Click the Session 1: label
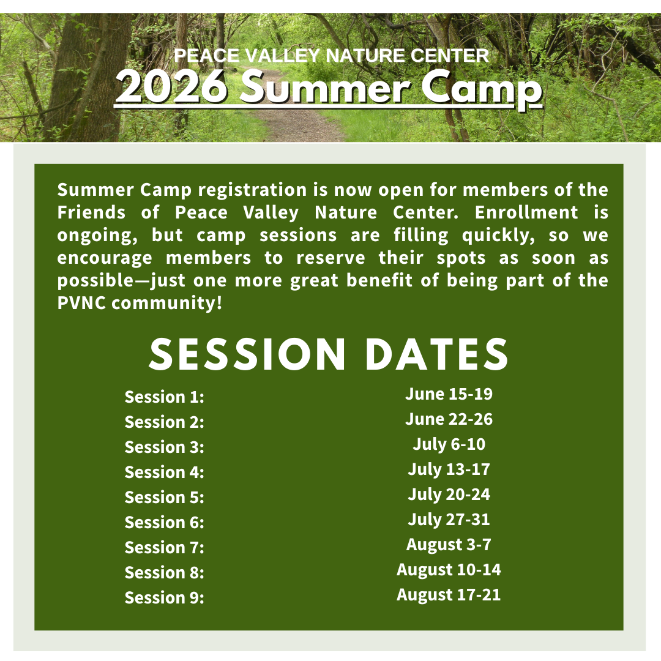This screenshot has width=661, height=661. click(164, 397)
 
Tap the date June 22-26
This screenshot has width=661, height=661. click(449, 419)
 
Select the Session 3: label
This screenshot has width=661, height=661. click(164, 447)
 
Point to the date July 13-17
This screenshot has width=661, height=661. click(449, 469)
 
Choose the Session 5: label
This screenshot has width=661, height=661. click(164, 498)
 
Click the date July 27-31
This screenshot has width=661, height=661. click(449, 520)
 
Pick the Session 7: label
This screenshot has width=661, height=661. click(164, 548)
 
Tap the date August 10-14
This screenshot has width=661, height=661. click(449, 570)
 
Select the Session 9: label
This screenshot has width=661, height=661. click(164, 598)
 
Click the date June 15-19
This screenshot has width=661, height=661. click(449, 394)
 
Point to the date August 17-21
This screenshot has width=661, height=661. click(449, 594)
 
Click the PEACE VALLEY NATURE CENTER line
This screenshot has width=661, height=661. click(331, 56)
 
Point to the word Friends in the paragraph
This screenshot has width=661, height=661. click(91, 212)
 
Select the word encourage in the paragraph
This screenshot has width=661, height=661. click(105, 258)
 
